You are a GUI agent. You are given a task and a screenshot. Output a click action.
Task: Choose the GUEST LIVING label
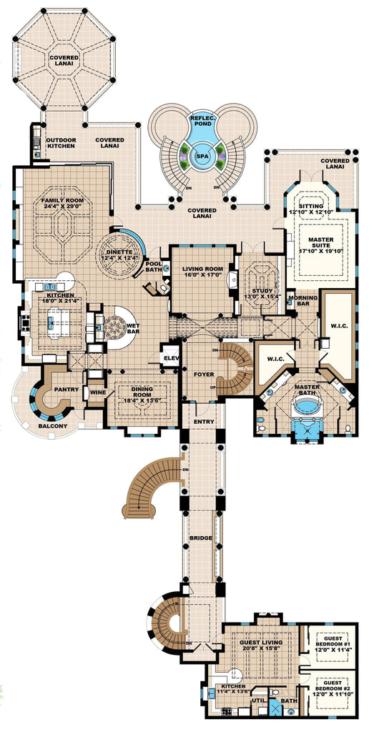click(260, 641)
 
